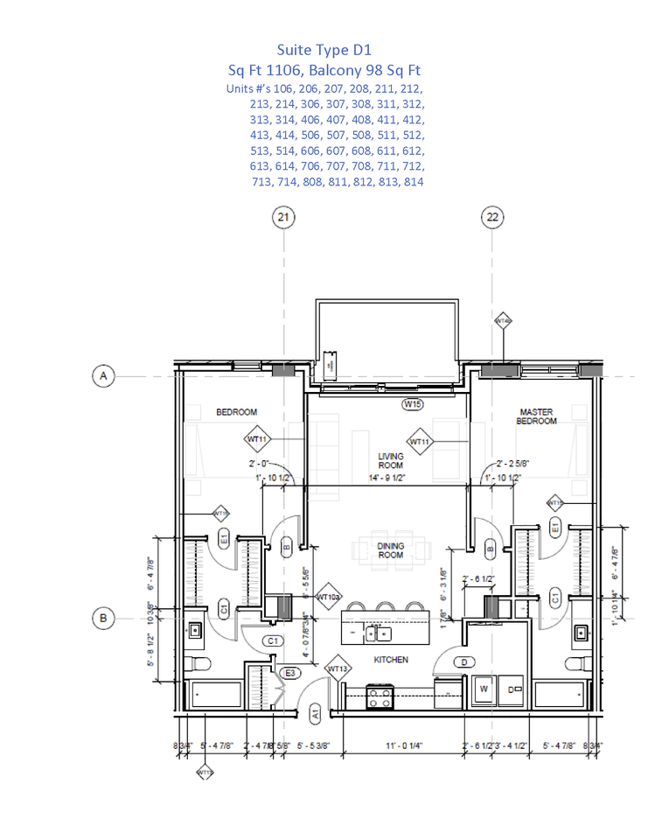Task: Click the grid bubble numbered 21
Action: [x=282, y=217]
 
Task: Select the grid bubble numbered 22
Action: [x=493, y=217]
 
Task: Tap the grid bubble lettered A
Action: [x=103, y=376]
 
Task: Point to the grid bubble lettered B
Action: [x=103, y=618]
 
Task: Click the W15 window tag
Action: [x=413, y=404]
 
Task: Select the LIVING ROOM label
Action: [x=390, y=460]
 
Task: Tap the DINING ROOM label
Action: [x=390, y=550]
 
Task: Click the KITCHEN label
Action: [x=390, y=660]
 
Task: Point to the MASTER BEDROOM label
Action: [x=537, y=416]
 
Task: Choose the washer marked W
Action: [x=483, y=689]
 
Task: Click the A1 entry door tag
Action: [x=315, y=714]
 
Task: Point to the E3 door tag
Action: [x=290, y=673]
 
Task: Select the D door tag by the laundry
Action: [x=463, y=661]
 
